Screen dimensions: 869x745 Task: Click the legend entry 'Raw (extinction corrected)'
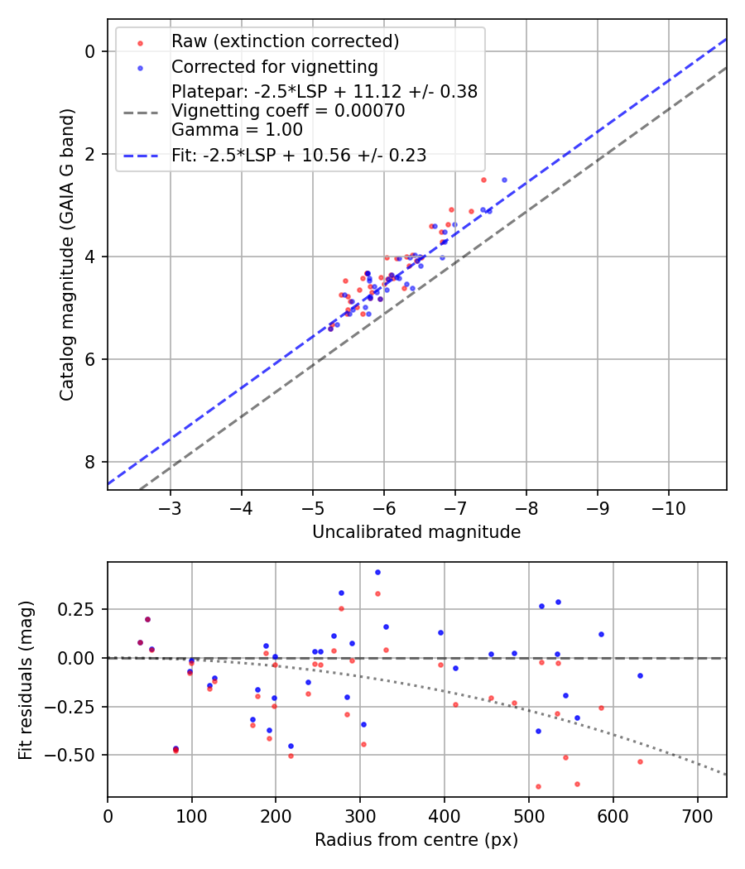(x=285, y=41)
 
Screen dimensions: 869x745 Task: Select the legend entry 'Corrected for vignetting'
(x=274, y=67)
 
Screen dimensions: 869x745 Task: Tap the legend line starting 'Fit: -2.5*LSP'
(x=298, y=156)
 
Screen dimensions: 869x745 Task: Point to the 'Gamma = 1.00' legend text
(x=237, y=130)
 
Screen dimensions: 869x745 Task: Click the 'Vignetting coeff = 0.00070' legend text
(x=288, y=111)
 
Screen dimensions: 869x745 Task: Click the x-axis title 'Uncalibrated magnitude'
(x=416, y=532)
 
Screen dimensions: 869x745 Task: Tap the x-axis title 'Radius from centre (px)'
(x=416, y=840)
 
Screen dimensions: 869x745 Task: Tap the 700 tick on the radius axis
(x=697, y=815)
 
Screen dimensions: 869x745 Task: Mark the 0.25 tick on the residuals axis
(x=80, y=609)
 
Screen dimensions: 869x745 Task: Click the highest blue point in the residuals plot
(x=377, y=572)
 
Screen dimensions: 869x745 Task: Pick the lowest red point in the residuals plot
(x=538, y=786)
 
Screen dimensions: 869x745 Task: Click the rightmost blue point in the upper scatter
(x=504, y=180)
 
